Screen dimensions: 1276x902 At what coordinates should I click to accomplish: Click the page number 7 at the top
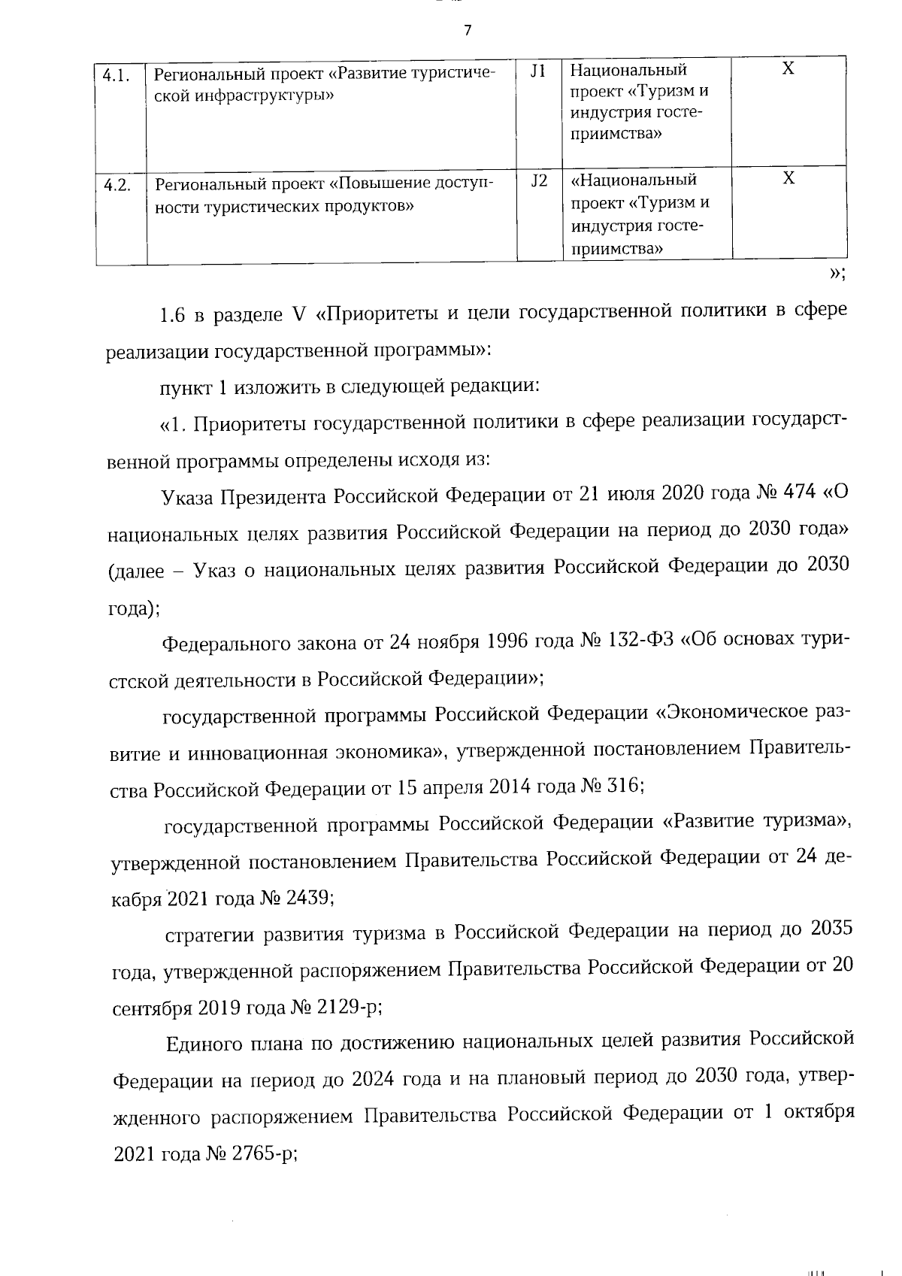click(x=468, y=31)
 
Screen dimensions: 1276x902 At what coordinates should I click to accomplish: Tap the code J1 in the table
click(x=538, y=71)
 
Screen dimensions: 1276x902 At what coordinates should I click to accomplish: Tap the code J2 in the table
click(x=539, y=181)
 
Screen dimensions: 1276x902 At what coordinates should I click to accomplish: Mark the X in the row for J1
click(x=788, y=69)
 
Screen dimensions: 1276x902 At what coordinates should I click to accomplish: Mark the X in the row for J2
click(x=788, y=179)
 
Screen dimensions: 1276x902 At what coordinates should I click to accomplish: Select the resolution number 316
click(x=621, y=786)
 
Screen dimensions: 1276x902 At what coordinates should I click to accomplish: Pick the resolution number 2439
click(x=310, y=898)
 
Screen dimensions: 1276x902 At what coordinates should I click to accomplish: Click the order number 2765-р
click(x=265, y=1154)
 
